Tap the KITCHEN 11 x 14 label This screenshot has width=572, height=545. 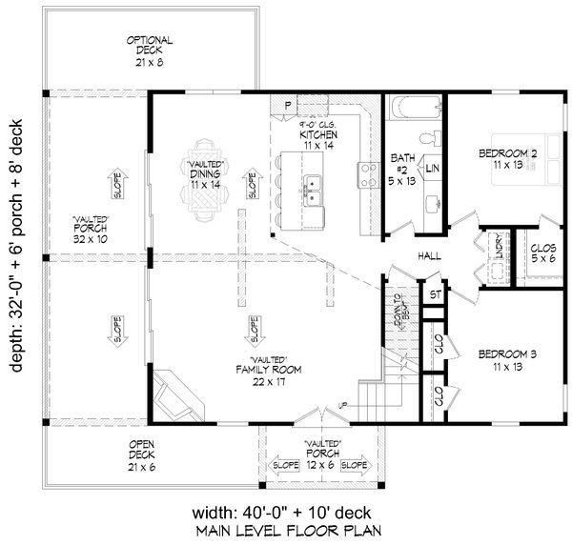317,141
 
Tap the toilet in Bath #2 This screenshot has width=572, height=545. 429,140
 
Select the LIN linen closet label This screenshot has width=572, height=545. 432,168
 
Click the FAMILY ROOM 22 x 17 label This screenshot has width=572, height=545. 255,373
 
